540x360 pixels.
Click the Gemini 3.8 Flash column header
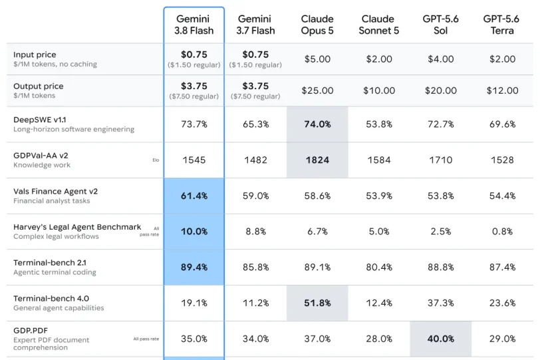point(194,25)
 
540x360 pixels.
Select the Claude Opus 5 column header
point(317,25)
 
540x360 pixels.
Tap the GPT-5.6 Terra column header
point(501,25)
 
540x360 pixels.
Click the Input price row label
point(35,55)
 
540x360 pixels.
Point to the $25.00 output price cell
point(317,90)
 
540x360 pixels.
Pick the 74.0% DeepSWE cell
point(317,124)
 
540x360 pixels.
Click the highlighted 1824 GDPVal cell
point(317,160)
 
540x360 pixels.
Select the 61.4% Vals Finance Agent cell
point(194,196)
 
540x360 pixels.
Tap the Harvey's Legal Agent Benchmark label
point(77,227)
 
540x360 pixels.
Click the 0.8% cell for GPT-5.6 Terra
point(502,231)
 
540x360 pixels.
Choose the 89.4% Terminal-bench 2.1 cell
point(194,267)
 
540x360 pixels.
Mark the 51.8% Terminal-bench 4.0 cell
point(317,303)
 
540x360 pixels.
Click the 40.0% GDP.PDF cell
point(440,339)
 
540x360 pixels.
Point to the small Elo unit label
point(156,160)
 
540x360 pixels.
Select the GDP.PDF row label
point(31,331)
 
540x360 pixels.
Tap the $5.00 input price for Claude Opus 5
point(317,59)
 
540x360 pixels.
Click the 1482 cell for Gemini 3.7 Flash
point(255,160)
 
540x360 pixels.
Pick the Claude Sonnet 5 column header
point(378,25)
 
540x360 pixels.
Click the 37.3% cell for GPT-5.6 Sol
point(440,303)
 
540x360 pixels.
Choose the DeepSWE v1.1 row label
point(40,120)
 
